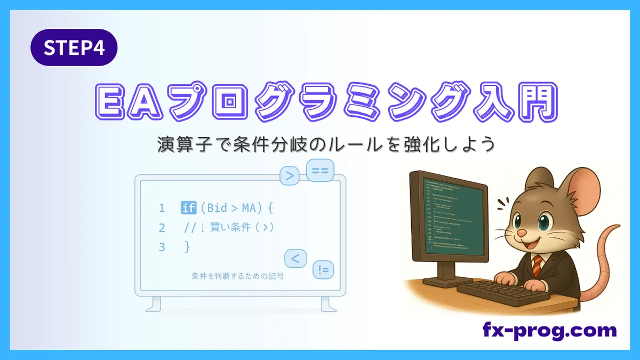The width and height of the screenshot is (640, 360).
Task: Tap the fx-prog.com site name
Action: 549,330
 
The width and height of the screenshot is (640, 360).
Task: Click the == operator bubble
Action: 319,171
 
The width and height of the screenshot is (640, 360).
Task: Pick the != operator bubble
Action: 323,271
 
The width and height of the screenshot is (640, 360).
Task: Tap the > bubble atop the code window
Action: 290,176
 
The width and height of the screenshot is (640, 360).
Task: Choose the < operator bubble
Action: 296,259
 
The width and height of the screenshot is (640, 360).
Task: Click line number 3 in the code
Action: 162,247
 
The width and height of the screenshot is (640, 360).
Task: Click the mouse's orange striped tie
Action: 537,262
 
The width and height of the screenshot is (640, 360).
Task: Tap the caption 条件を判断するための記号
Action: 237,276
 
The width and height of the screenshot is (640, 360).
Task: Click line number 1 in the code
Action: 162,207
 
